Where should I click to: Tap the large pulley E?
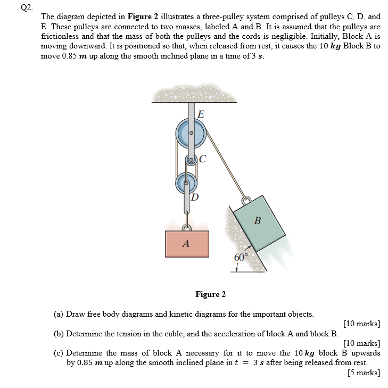190,133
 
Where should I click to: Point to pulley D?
186,184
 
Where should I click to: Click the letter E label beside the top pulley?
200,114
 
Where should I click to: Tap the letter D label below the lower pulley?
195,197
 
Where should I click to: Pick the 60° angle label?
241,258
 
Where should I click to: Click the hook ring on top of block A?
187,228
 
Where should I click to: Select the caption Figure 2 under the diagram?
210,294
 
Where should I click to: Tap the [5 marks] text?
364,373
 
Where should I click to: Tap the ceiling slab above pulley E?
194,95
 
